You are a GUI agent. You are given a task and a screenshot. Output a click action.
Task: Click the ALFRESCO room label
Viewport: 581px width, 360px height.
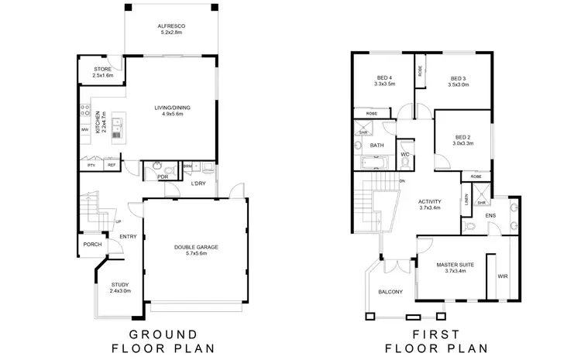pos(170,26)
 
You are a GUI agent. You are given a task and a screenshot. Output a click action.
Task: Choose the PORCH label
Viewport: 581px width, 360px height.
pos(92,245)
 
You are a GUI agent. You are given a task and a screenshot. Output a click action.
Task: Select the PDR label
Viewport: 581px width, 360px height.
pos(163,177)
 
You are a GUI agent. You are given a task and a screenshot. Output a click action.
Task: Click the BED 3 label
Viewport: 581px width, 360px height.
pos(458,79)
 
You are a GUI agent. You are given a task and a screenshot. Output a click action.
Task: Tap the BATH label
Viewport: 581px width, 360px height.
pos(376,145)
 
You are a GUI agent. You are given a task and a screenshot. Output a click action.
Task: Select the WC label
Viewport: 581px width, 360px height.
pos(404,154)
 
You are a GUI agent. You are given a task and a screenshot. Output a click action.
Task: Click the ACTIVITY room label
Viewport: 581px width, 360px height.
pos(429,204)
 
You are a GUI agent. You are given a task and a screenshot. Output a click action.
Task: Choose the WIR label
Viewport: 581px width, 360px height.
pos(502,273)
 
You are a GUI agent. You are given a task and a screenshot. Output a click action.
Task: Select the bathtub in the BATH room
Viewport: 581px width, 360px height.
pos(376,163)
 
